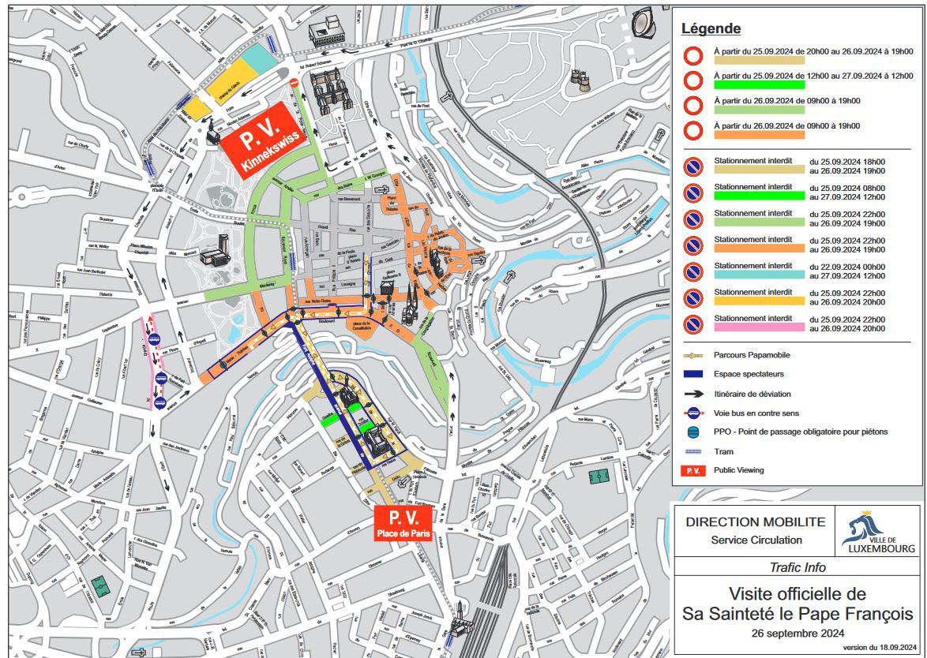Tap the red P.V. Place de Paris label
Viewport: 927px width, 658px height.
pyautogui.click(x=403, y=523)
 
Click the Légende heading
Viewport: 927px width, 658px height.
pyautogui.click(x=711, y=29)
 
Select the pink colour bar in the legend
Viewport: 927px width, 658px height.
pyautogui.click(x=758, y=327)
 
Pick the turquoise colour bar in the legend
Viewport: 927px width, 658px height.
pyautogui.click(x=758, y=274)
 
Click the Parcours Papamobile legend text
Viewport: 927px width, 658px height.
pyautogui.click(x=750, y=355)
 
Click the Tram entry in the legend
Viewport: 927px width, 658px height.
pyautogui.click(x=723, y=451)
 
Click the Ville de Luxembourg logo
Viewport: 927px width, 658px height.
pyautogui.click(x=878, y=531)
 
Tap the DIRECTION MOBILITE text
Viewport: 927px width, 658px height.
pyautogui.click(x=756, y=522)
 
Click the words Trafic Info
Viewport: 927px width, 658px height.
pyautogui.click(x=798, y=567)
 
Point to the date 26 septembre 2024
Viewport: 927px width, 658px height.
pyautogui.click(x=798, y=633)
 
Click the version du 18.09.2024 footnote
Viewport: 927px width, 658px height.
pyautogui.click(x=879, y=647)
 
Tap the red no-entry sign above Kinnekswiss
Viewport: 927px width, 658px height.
pyautogui.click(x=295, y=81)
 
